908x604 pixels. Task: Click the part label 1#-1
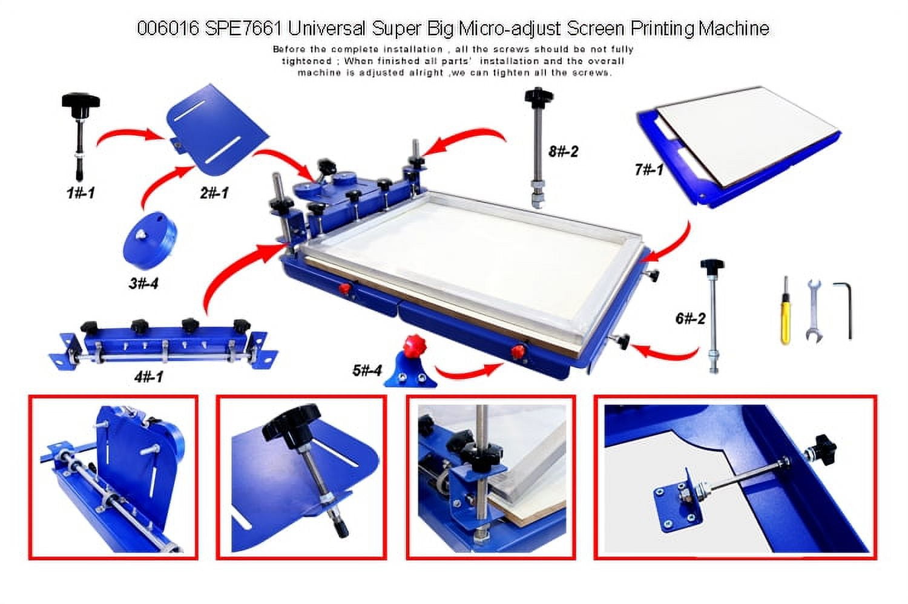click(x=81, y=192)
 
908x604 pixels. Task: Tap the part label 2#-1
click(x=214, y=192)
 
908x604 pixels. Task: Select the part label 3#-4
click(x=143, y=283)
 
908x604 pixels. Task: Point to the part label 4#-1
click(x=149, y=377)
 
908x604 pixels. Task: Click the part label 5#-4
click(x=367, y=370)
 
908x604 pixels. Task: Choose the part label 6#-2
click(x=690, y=318)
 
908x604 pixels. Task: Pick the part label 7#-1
click(x=649, y=169)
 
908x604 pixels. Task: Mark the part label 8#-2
click(x=564, y=152)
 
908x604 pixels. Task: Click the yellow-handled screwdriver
click(x=786, y=310)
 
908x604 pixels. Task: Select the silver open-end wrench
click(x=814, y=311)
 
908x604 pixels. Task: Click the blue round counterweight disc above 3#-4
click(x=150, y=240)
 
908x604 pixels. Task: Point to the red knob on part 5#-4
click(x=415, y=347)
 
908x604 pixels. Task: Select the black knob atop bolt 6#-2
click(x=712, y=266)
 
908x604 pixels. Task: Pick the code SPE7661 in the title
click(x=243, y=29)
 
